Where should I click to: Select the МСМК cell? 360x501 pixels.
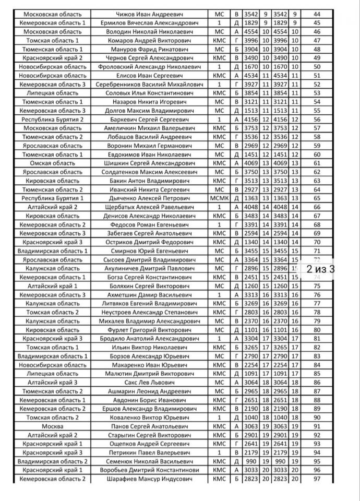tap(218, 198)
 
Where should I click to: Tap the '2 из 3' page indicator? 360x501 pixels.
tap(320, 269)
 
